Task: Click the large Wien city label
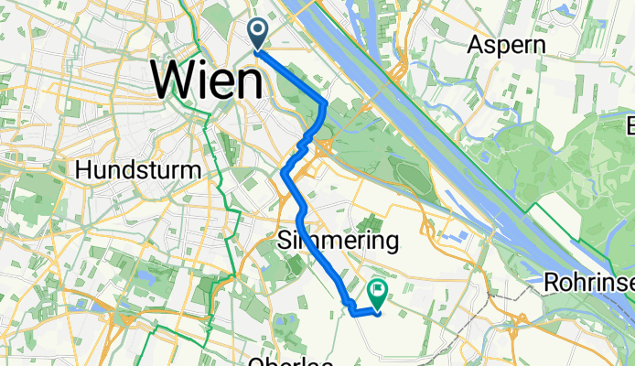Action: [x=207, y=82]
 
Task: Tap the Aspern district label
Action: [x=502, y=44]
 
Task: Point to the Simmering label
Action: [x=337, y=242]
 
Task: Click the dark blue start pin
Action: [x=258, y=34]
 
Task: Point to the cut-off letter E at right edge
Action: [x=630, y=126]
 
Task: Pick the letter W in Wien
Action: [x=175, y=82]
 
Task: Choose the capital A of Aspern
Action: [x=474, y=44]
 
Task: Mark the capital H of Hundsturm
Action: [x=83, y=170]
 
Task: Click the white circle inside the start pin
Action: [x=258, y=30]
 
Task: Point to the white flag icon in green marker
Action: [x=377, y=289]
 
